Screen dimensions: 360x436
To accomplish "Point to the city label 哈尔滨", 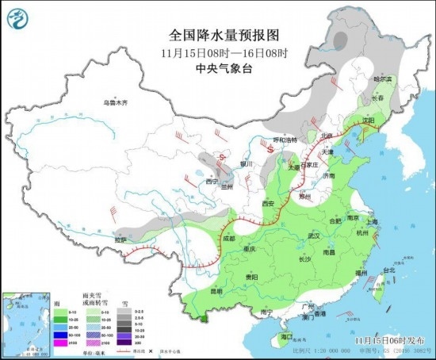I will coord(383,79).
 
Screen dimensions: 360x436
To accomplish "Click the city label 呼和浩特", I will coord(285,140).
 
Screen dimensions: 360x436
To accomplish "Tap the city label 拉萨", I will coord(120,239).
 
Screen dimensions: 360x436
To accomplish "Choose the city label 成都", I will coord(228,238).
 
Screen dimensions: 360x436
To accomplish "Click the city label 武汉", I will coord(312,236).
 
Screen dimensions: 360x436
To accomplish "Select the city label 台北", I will coord(388,270).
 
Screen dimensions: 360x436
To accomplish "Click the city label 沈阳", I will coord(367,121).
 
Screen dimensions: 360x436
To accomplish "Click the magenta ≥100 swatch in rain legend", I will coord(60,342).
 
